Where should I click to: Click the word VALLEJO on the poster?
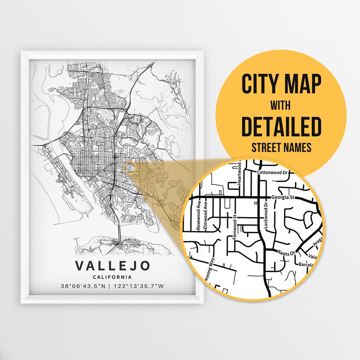tap(113, 266)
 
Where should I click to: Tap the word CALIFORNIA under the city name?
tap(113, 277)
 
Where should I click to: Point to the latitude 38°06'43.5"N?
tap(85, 286)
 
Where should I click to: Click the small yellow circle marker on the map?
tap(130, 168)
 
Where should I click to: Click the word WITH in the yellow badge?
tap(280, 106)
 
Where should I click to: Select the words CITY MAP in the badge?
tap(281, 84)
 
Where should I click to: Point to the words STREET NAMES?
tap(281, 147)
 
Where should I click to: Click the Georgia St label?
tap(283, 197)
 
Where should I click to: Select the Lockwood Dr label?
tap(266, 216)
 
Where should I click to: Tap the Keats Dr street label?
tap(287, 253)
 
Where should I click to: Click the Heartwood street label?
tap(239, 174)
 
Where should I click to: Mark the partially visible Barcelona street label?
tap(306, 265)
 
